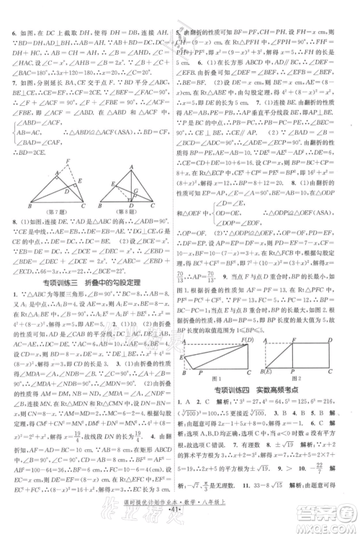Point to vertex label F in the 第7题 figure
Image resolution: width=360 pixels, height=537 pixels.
[x=67, y=161]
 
